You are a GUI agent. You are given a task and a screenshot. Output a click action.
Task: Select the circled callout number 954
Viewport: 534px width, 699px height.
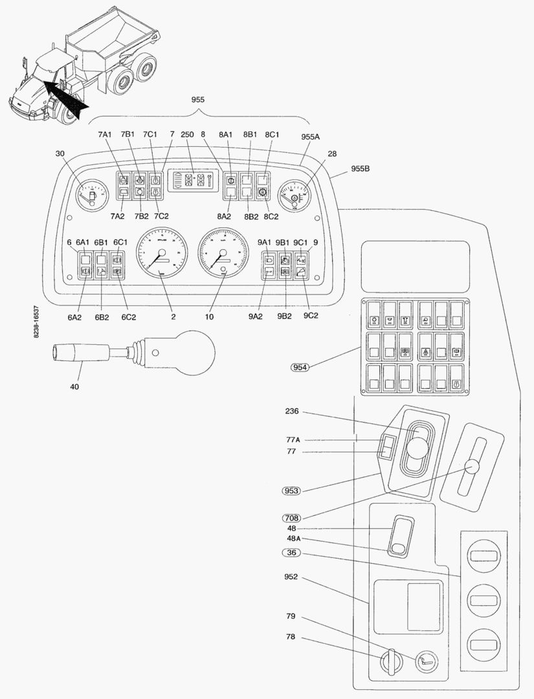pos(300,367)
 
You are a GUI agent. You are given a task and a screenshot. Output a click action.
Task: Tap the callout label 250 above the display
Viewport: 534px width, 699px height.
pos(187,134)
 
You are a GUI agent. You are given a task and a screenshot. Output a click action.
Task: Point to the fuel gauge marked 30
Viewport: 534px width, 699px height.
pos(91,195)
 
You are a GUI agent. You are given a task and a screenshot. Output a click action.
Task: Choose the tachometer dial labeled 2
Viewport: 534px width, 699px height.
pos(161,253)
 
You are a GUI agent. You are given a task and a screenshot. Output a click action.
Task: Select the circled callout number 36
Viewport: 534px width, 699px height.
pos(292,552)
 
